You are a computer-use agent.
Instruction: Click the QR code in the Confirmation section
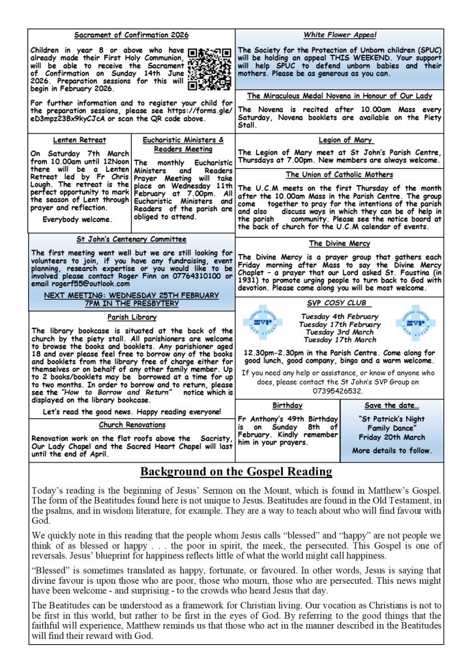coord(209,68)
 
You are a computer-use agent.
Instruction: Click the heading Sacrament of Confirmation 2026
coord(132,35)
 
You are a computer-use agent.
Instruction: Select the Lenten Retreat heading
coord(79,140)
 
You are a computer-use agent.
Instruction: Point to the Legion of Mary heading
coord(346,140)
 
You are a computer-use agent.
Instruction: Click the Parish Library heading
coord(132,317)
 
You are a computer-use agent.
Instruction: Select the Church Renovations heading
coord(132,425)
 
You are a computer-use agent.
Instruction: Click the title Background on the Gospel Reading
coord(236,472)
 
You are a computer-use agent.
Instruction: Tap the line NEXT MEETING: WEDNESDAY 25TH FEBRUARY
coord(132,294)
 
